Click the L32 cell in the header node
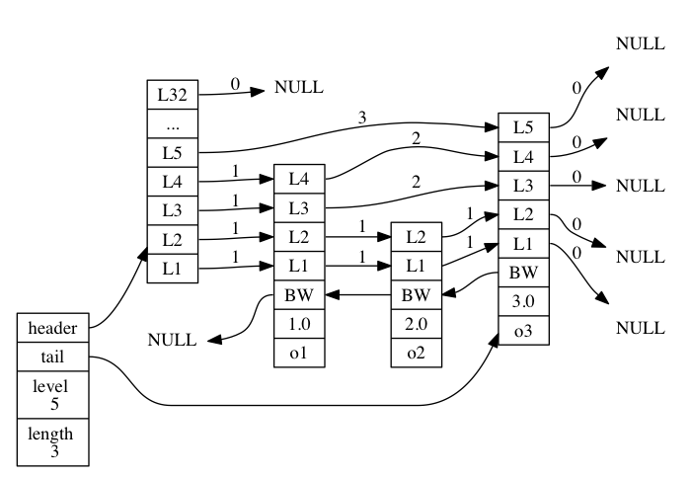[x=173, y=95]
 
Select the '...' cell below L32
[x=173, y=123]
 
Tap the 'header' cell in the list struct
[x=53, y=328]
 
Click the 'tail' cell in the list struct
[x=53, y=357]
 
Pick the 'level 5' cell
[x=53, y=395]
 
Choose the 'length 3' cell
[x=53, y=442]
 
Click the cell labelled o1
[x=299, y=353]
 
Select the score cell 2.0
[x=417, y=324]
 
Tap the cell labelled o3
[x=523, y=330]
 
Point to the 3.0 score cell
[x=523, y=301]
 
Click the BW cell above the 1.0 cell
[x=299, y=294]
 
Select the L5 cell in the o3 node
[x=523, y=127]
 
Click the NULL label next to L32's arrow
[x=299, y=87]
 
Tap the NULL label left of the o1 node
[x=172, y=340]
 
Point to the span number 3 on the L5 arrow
[x=362, y=118]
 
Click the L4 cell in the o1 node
[x=299, y=179]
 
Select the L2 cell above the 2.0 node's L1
[x=417, y=237]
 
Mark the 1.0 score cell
[x=299, y=324]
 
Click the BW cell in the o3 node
[x=523, y=273]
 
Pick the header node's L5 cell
[x=173, y=152]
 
